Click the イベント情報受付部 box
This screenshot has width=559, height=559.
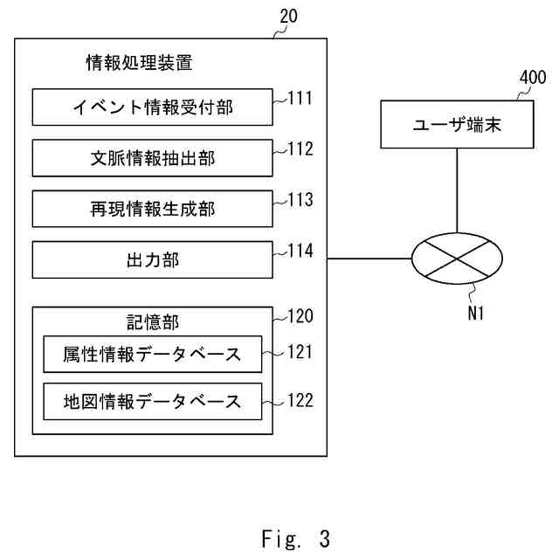click(153, 107)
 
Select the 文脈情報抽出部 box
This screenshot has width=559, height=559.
click(153, 158)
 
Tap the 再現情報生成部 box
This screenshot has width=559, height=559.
click(153, 209)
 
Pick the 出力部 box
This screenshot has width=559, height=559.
click(153, 260)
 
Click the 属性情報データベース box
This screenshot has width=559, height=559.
click(153, 355)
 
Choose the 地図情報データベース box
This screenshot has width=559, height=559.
click(153, 402)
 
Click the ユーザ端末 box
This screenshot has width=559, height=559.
click(457, 124)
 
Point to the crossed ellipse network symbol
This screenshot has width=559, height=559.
click(457, 259)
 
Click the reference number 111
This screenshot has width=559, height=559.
click(300, 98)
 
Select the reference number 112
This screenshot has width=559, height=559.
click(300, 149)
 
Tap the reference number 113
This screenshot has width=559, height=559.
click(300, 200)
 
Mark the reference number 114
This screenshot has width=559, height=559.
click(300, 251)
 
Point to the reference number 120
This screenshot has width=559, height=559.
click(300, 316)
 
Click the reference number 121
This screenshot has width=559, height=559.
click(300, 352)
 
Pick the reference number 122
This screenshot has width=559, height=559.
click(300, 400)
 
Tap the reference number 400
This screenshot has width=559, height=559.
click(533, 77)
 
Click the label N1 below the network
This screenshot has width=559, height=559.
click(476, 314)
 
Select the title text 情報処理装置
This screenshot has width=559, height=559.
click(140, 63)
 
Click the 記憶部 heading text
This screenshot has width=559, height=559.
click(153, 322)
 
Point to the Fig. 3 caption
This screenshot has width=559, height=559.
click(295, 539)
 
